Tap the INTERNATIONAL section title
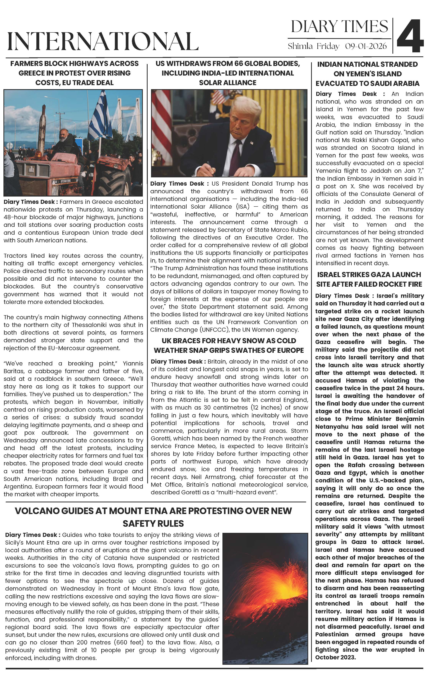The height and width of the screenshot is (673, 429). [103, 41]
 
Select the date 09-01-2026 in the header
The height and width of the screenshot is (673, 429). [366, 46]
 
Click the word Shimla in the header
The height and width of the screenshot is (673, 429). [300, 46]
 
